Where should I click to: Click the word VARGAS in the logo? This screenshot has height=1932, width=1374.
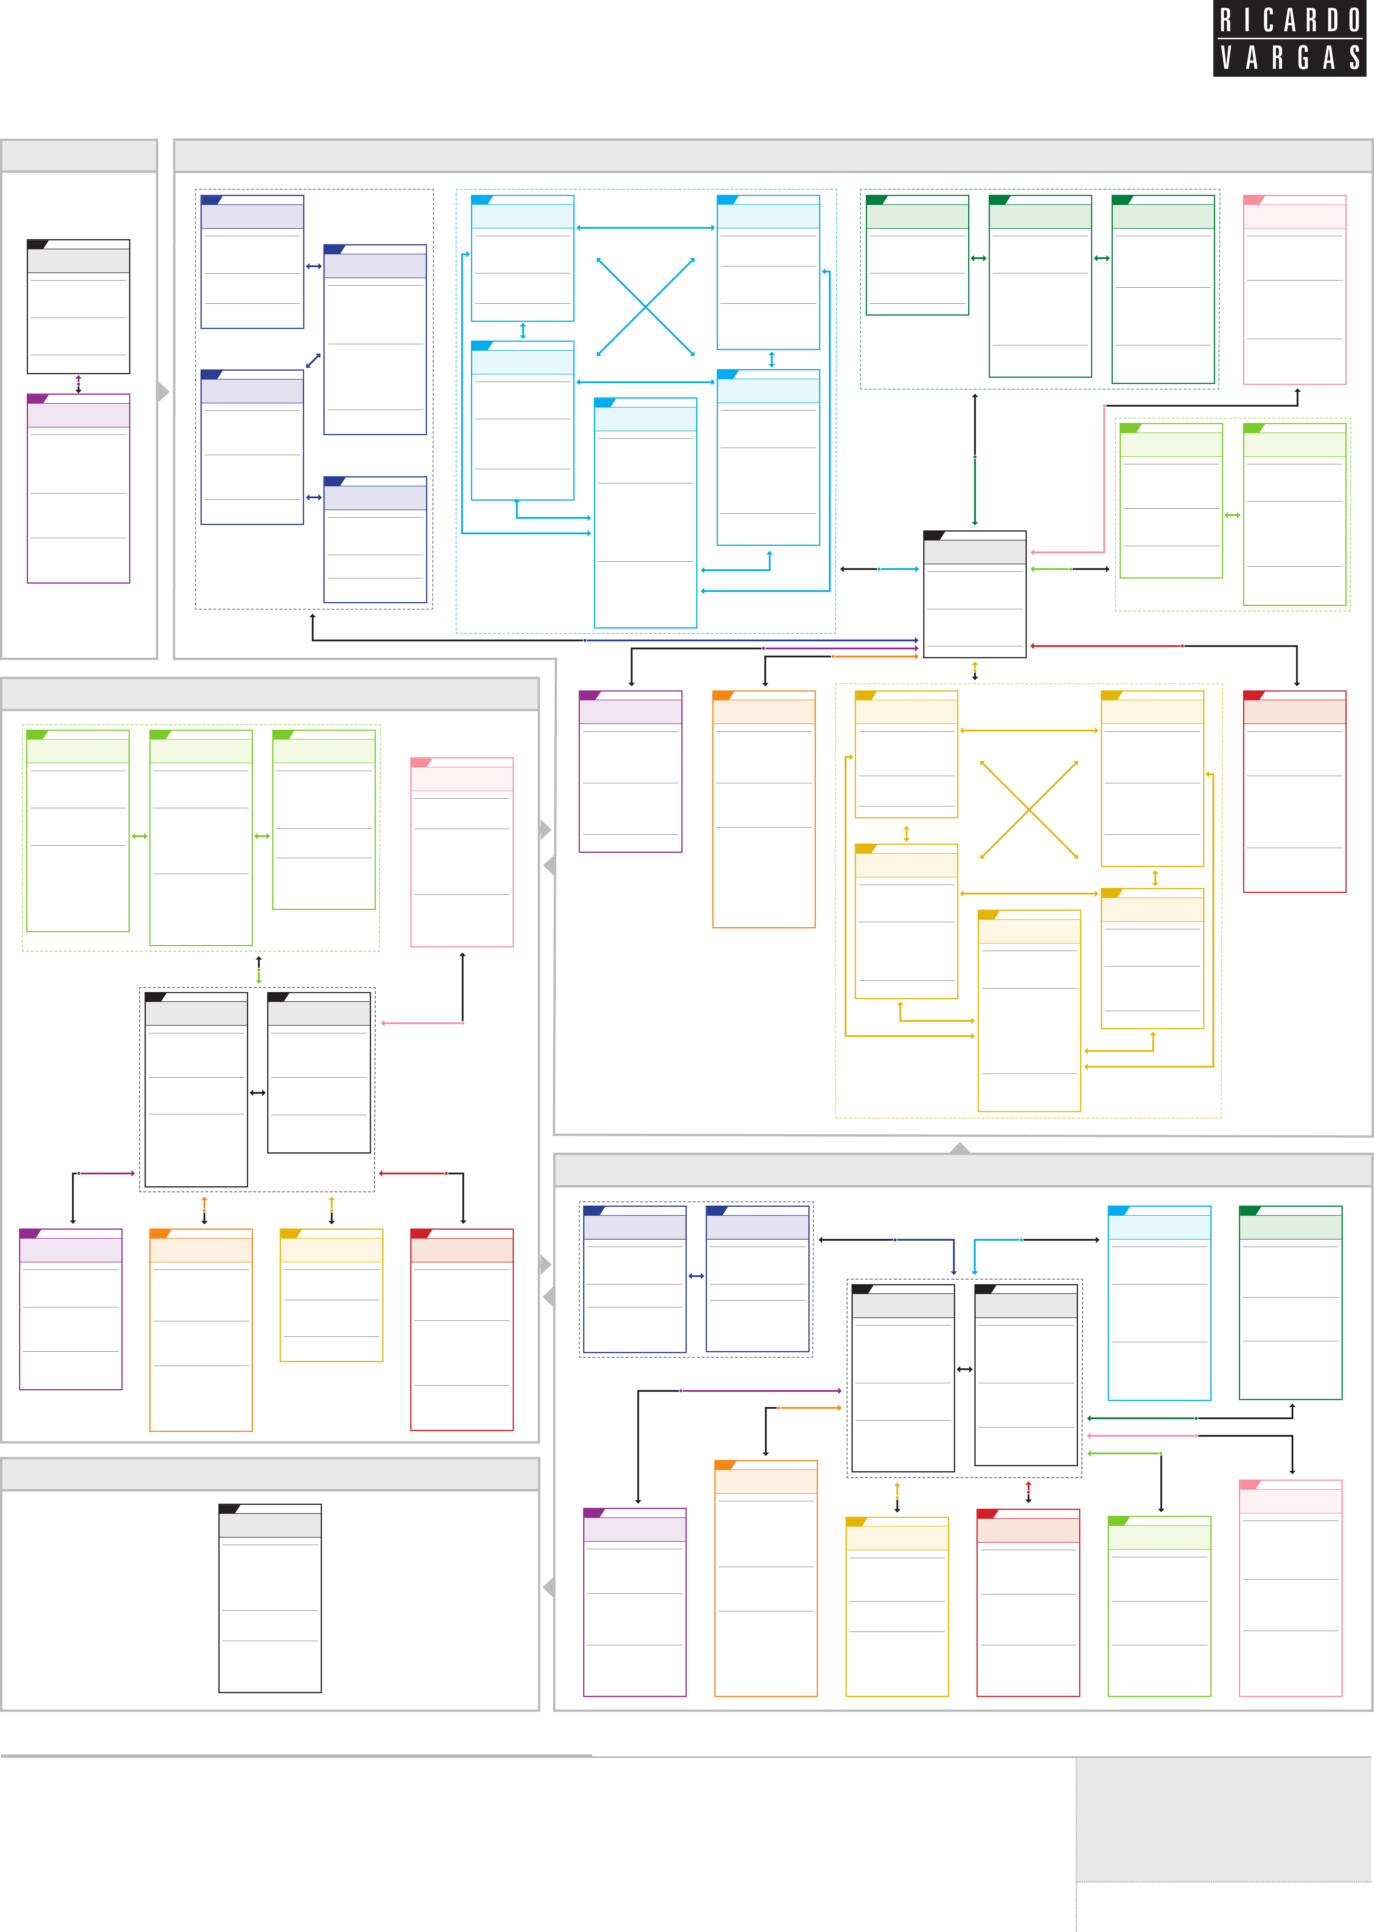click(1290, 57)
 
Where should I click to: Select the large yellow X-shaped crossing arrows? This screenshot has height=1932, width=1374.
click(1029, 809)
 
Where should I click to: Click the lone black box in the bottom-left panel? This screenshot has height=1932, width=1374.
click(270, 1598)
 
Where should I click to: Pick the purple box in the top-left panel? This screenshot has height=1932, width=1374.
click(79, 488)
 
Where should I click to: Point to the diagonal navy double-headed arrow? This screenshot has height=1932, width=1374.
click(313, 360)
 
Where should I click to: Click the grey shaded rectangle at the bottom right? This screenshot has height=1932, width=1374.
click(1223, 1819)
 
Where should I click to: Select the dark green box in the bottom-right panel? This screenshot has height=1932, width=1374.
click(1290, 1303)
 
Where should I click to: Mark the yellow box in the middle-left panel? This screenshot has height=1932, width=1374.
click(332, 1295)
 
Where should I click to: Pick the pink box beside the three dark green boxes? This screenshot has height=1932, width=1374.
click(1295, 289)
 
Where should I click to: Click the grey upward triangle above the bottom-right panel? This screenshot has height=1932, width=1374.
click(960, 1148)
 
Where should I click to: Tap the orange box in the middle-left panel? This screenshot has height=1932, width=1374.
click(201, 1330)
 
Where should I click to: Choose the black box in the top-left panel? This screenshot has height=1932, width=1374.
click(79, 306)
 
